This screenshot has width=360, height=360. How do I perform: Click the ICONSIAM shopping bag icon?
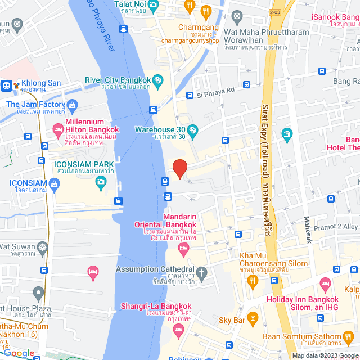coord(54,183)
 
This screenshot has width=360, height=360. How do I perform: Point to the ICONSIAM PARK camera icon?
coord(101,181)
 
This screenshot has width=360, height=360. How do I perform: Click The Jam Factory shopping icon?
coord(72,105)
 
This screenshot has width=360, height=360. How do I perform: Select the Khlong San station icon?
coord(7,85)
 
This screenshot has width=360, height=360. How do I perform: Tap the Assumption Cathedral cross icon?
coord(202,273)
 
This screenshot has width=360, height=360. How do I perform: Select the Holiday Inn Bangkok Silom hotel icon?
coord(325,282)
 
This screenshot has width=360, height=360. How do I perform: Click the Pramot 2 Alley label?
coord(337,226)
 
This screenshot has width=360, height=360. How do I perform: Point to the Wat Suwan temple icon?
coord(42,247)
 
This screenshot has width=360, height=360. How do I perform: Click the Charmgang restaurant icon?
coord(206,10)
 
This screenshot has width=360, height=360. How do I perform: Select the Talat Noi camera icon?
coord(154,5)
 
